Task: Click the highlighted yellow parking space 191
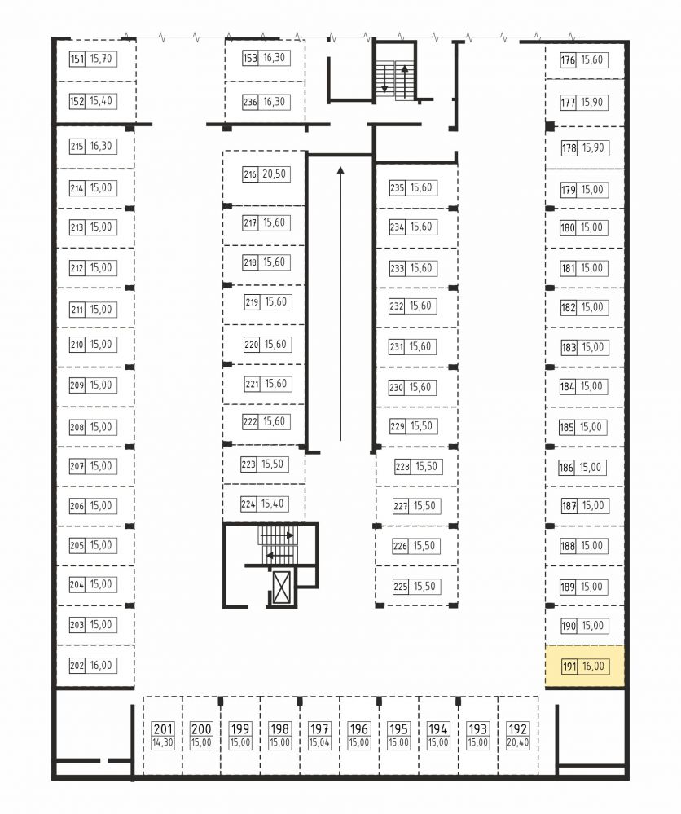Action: click(x=584, y=667)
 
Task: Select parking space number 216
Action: click(x=250, y=174)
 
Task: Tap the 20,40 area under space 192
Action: click(x=517, y=743)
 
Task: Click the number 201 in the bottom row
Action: click(x=163, y=729)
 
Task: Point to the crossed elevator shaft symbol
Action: click(x=282, y=587)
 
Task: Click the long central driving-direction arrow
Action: click(x=340, y=304)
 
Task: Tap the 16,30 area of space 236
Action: click(x=274, y=102)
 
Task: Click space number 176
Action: click(x=568, y=60)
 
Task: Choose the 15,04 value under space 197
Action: click(x=319, y=743)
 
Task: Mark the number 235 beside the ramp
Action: click(x=397, y=188)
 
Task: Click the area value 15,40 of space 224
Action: click(x=273, y=504)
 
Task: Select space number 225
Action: click(x=400, y=587)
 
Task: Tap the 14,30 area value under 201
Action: click(x=163, y=743)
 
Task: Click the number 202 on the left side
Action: click(x=77, y=666)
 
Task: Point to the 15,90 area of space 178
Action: click(x=593, y=148)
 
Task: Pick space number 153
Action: click(x=250, y=58)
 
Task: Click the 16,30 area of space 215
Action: click(x=101, y=146)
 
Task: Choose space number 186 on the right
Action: click(x=566, y=468)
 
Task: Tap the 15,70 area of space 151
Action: click(x=101, y=59)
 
